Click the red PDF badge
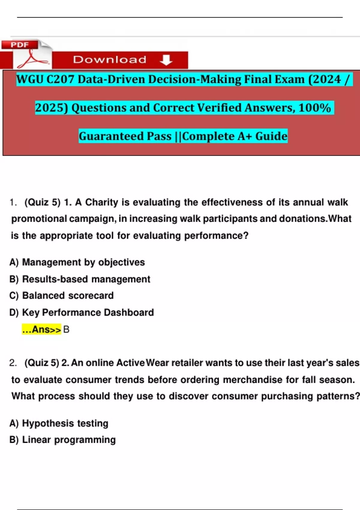coord(20,45)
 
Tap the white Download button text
coord(110,60)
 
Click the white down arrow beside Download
coord(166,60)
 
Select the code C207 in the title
coord(60,79)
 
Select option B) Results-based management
coord(80,279)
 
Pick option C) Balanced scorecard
coord(61,295)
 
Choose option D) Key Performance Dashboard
coord(82,312)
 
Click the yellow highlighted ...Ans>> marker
coord(41,329)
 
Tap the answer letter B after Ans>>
coord(66,329)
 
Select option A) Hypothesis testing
coord(59,423)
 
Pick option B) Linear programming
coord(63,440)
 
